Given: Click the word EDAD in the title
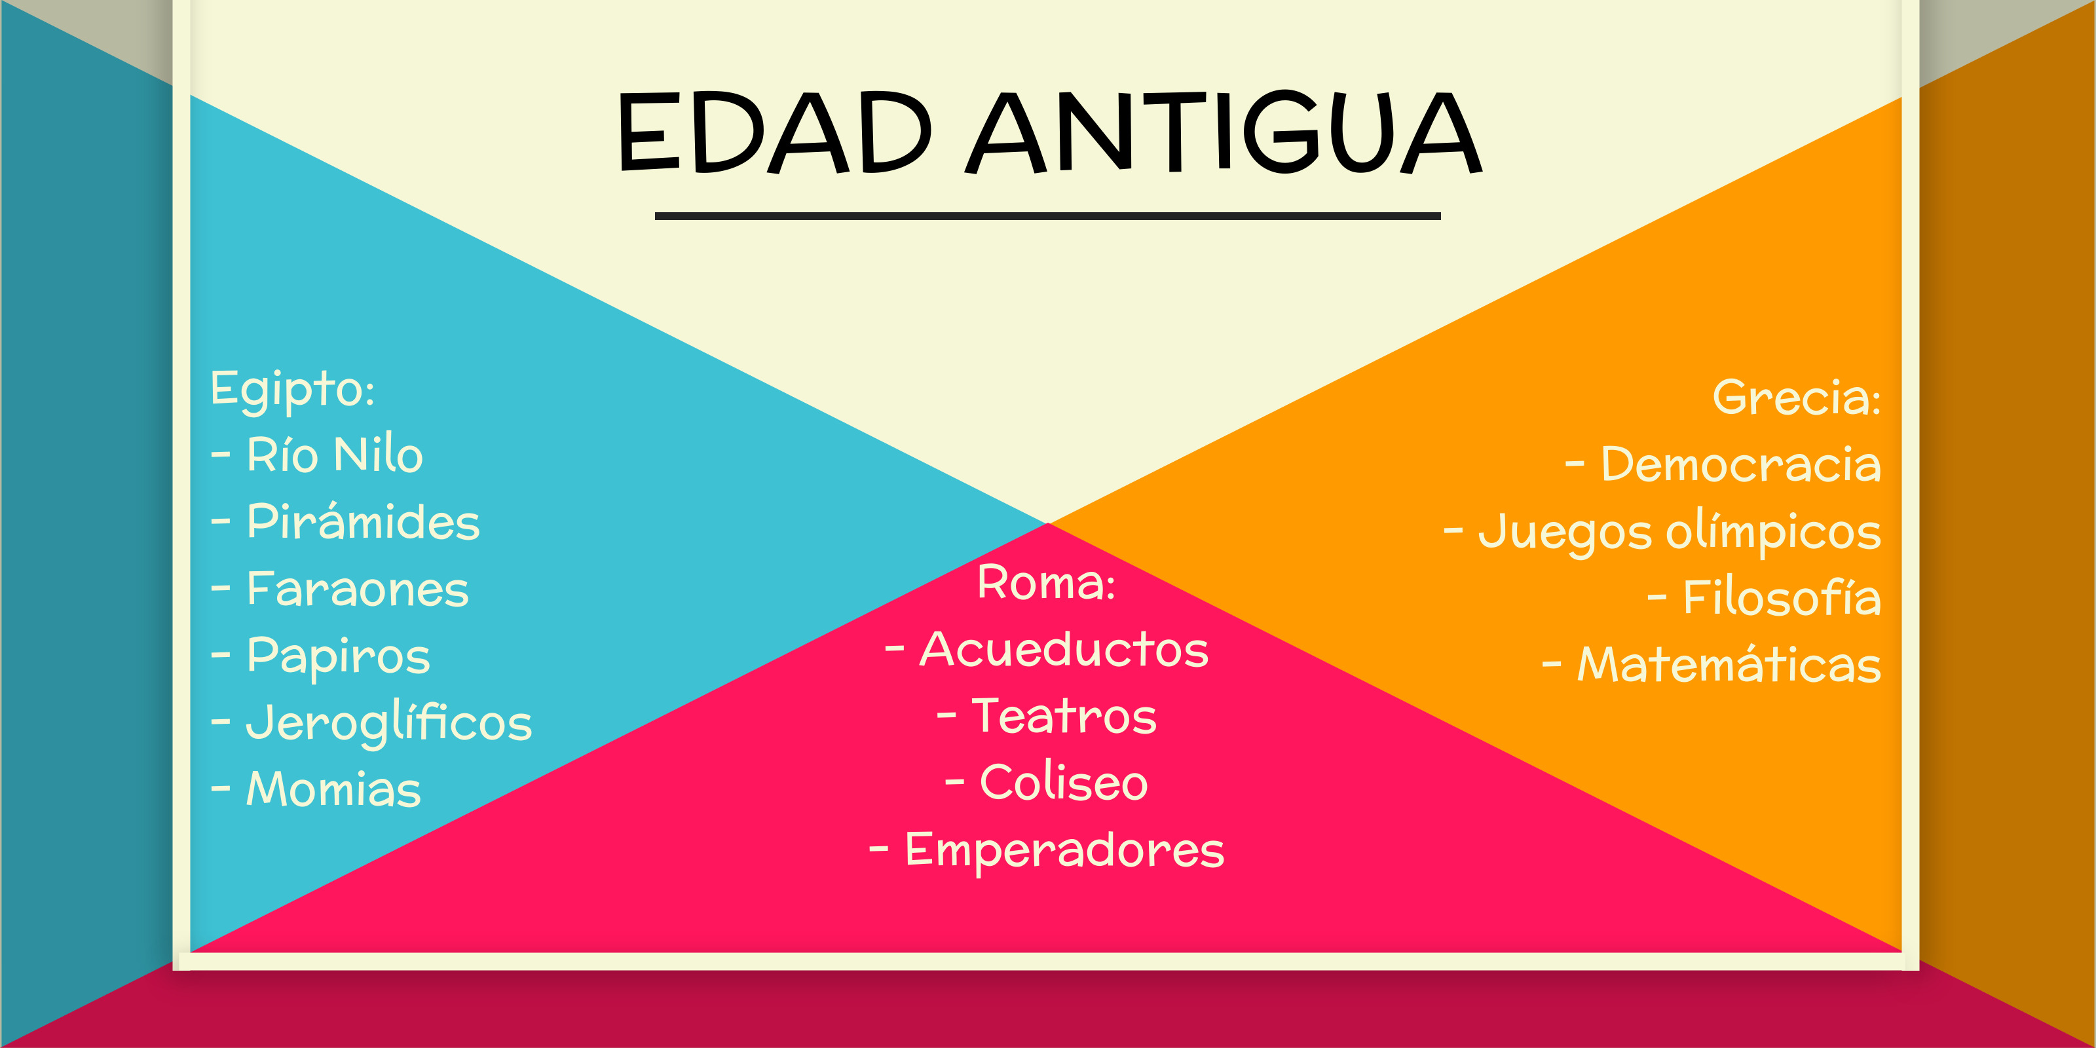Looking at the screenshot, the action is (775, 132).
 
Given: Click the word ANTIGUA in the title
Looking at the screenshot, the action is (1224, 132).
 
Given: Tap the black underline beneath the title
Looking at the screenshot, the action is (1048, 216).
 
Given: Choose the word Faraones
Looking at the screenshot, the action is (358, 588).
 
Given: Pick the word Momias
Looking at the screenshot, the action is (333, 789).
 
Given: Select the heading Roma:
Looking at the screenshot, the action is (1047, 582).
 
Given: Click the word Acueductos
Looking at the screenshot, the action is (1064, 649).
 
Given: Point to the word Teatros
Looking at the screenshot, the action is (1064, 716).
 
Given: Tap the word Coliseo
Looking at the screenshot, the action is (1064, 782).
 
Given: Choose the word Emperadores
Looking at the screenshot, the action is (1064, 851).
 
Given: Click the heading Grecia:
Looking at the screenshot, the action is (1797, 397).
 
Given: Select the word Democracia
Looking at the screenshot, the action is (1741, 464).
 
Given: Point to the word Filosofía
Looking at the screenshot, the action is (1782, 598).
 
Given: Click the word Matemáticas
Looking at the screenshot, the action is (1730, 664).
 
